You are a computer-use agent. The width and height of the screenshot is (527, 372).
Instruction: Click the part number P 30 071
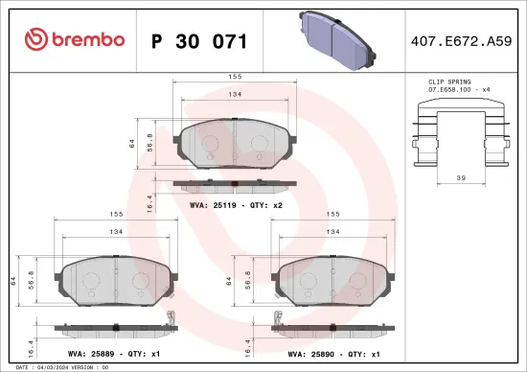(199, 41)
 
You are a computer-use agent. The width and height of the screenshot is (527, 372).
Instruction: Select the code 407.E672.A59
(459, 41)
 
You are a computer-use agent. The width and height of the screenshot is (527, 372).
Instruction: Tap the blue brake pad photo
(338, 35)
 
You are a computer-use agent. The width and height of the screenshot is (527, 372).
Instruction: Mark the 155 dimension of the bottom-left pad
(115, 216)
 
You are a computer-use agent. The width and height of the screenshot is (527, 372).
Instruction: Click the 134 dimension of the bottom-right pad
(332, 232)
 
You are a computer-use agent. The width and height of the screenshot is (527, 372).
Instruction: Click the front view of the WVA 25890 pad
(332, 282)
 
